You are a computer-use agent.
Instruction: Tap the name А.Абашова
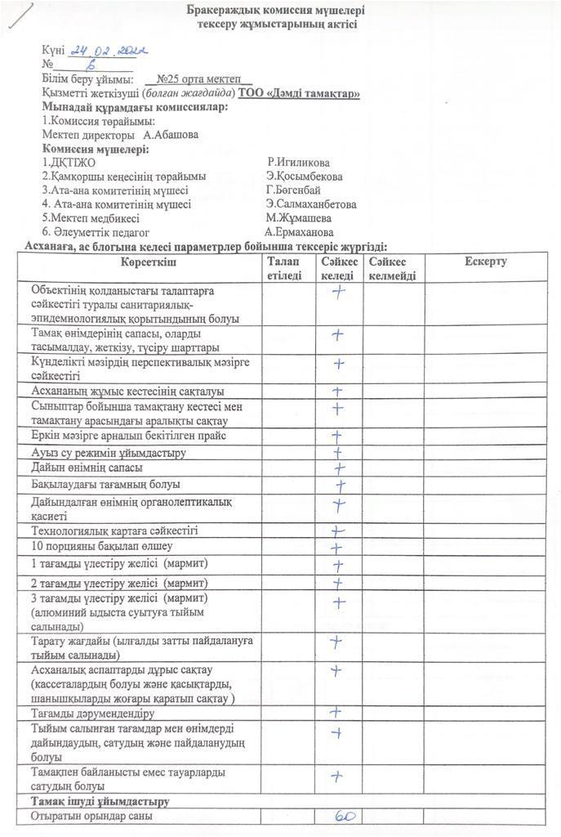(170, 135)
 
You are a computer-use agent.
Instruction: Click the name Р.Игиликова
(304, 163)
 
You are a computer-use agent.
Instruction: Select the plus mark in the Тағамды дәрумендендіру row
(335, 712)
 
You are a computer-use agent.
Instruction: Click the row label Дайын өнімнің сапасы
(87, 468)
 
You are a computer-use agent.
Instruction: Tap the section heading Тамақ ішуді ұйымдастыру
(100, 800)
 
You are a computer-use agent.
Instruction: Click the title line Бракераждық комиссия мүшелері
(276, 11)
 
